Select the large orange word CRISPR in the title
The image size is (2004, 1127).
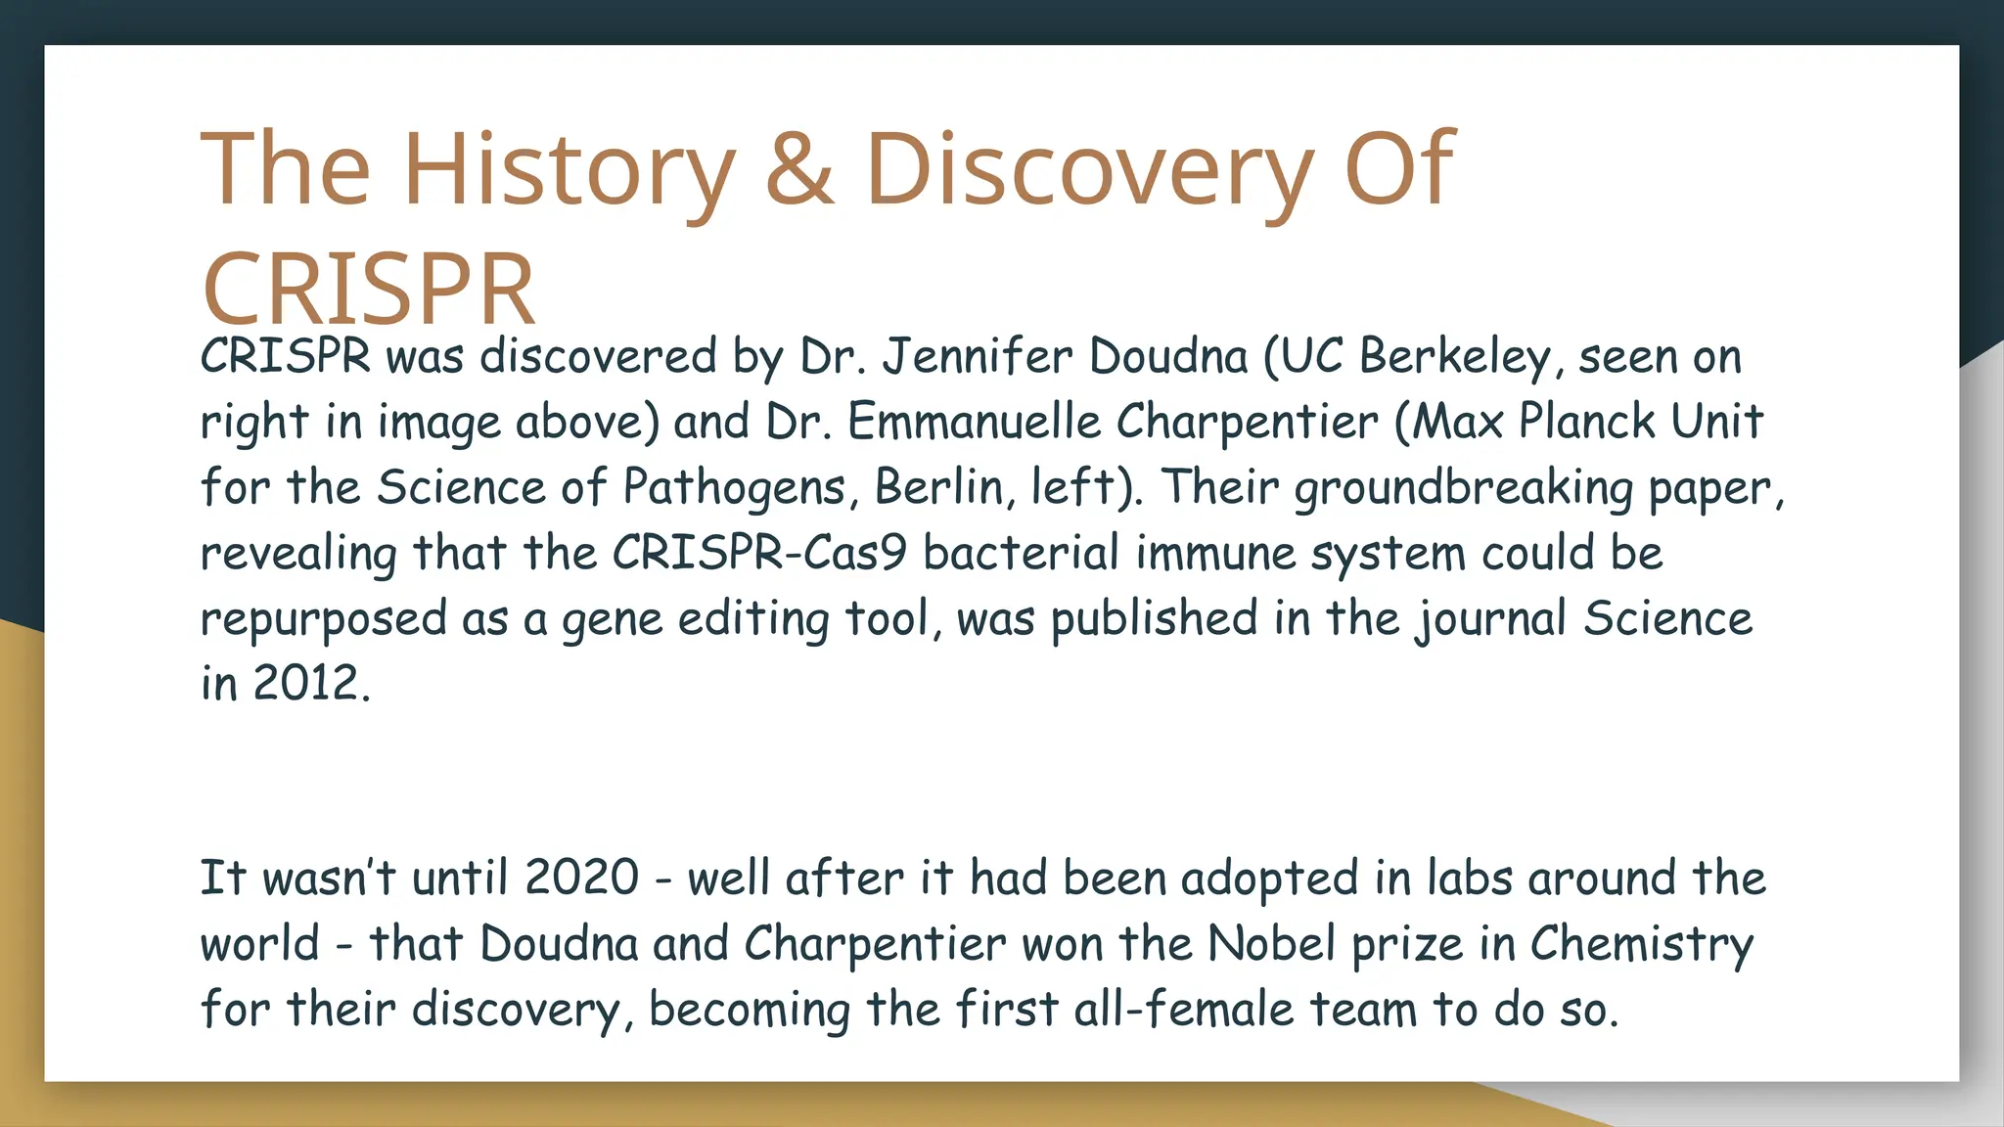[369, 290]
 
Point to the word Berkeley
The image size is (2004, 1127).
[1455, 356]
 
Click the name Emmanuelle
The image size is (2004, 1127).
[974, 422]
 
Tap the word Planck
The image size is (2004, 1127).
[1586, 422]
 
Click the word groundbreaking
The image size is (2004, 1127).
[1464, 487]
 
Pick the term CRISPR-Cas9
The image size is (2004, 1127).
[759, 553]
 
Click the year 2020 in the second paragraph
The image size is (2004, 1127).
[581, 878]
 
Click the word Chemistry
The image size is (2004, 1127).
[1641, 944]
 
